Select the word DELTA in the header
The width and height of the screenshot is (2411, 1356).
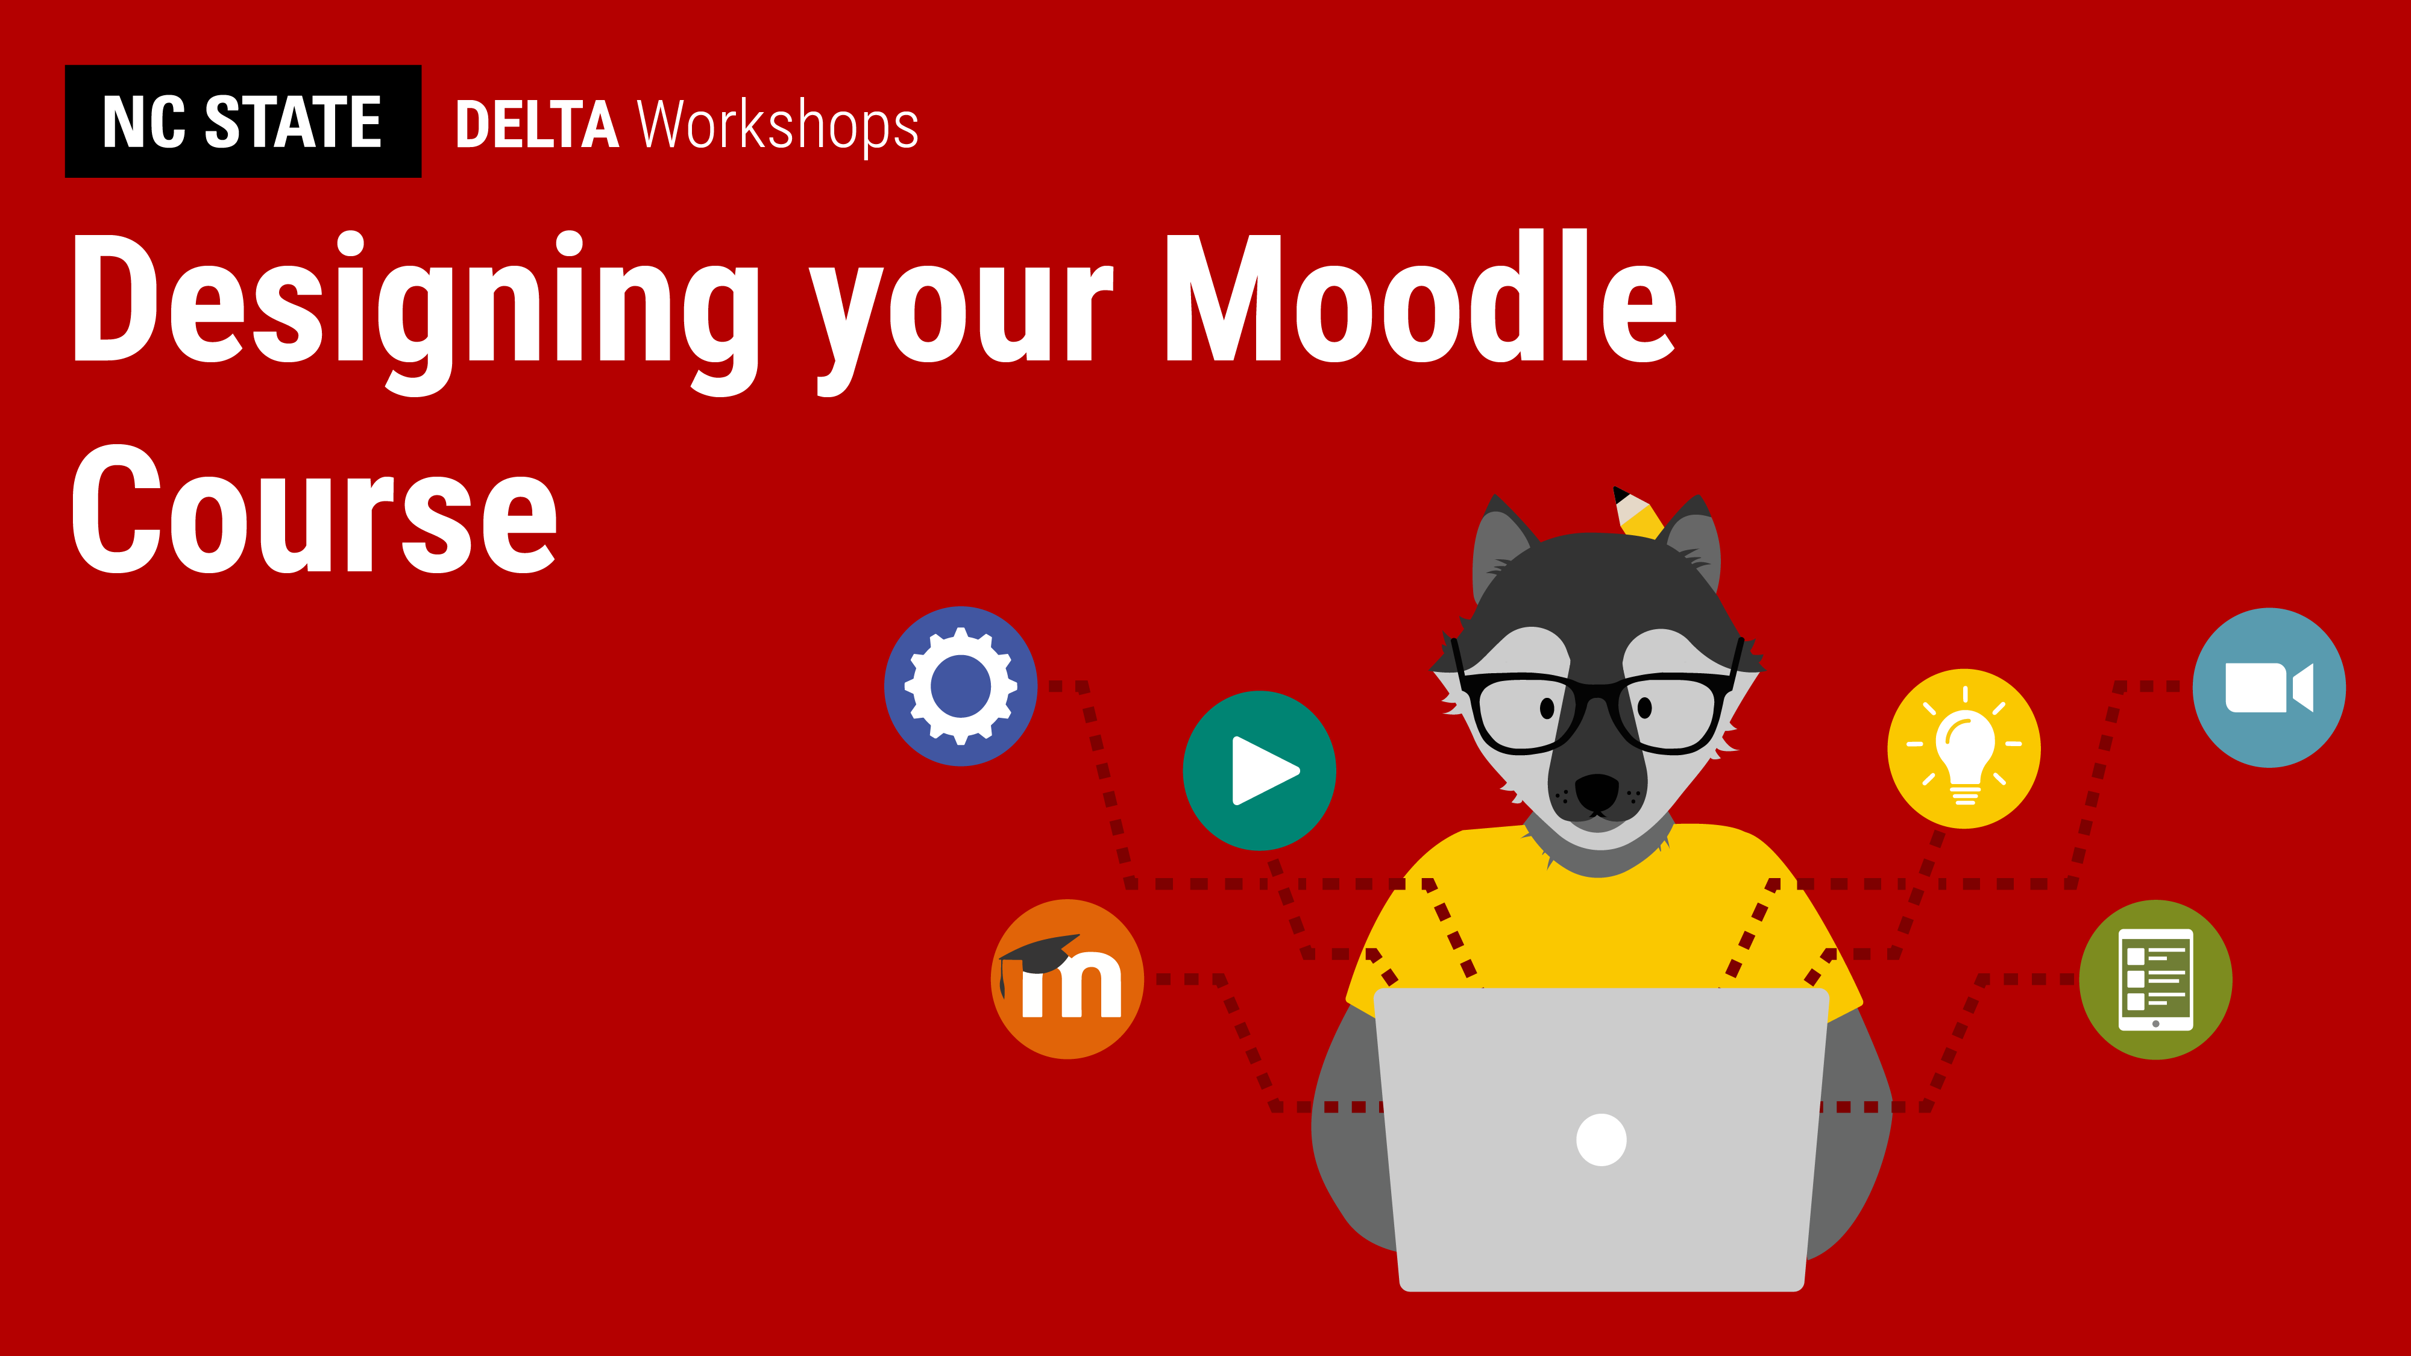coord(537,125)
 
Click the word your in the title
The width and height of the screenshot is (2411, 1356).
coord(961,323)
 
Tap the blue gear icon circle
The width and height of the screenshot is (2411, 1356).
coord(961,686)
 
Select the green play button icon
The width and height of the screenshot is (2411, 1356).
coord(1260,770)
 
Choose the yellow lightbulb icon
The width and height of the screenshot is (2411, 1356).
coord(1964,749)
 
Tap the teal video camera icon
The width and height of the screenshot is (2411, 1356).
coord(2270,688)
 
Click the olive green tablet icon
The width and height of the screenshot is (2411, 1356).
coord(2155,980)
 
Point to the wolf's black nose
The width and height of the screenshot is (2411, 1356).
coord(1597,792)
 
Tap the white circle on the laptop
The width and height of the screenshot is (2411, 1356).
coord(1602,1140)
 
